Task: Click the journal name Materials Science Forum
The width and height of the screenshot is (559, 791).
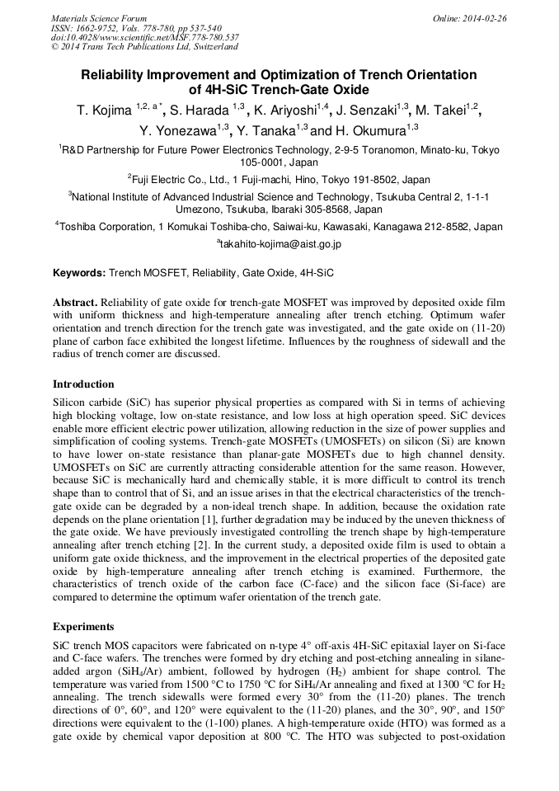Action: pyautogui.click(x=99, y=17)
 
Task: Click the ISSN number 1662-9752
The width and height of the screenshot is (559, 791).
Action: pyautogui.click(x=103, y=27)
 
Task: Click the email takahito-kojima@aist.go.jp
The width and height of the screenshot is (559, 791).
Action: pyautogui.click(x=280, y=244)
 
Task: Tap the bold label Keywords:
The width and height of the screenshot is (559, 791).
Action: pyautogui.click(x=79, y=272)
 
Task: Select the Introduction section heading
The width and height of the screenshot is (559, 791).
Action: pyautogui.click(x=83, y=384)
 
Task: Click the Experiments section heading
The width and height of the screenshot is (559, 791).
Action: pyautogui.click(x=83, y=627)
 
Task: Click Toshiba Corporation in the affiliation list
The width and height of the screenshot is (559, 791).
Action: pyautogui.click(x=106, y=226)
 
